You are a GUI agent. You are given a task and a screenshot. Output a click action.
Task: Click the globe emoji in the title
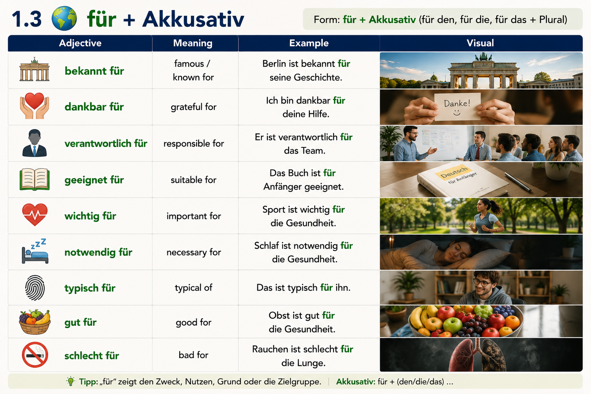click(64, 18)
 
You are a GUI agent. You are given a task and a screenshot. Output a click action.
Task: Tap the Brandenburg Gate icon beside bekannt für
click(35, 69)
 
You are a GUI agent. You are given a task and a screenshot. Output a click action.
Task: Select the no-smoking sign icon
click(35, 355)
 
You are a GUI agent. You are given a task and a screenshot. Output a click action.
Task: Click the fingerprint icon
click(35, 288)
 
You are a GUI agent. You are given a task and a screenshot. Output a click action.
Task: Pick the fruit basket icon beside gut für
click(35, 322)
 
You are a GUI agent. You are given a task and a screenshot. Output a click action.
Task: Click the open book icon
click(35, 179)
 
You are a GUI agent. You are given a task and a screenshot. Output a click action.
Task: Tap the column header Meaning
click(193, 43)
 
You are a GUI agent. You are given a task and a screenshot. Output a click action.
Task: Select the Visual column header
click(480, 43)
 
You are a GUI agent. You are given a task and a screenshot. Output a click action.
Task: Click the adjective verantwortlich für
click(106, 143)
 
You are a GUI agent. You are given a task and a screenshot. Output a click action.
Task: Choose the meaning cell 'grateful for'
click(194, 107)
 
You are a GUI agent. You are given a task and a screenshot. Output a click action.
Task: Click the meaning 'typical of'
click(194, 287)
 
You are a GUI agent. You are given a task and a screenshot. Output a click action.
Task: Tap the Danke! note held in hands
click(457, 107)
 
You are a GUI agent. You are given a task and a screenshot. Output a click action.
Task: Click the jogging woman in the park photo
click(487, 216)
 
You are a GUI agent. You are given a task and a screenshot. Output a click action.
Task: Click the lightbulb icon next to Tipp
click(70, 381)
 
